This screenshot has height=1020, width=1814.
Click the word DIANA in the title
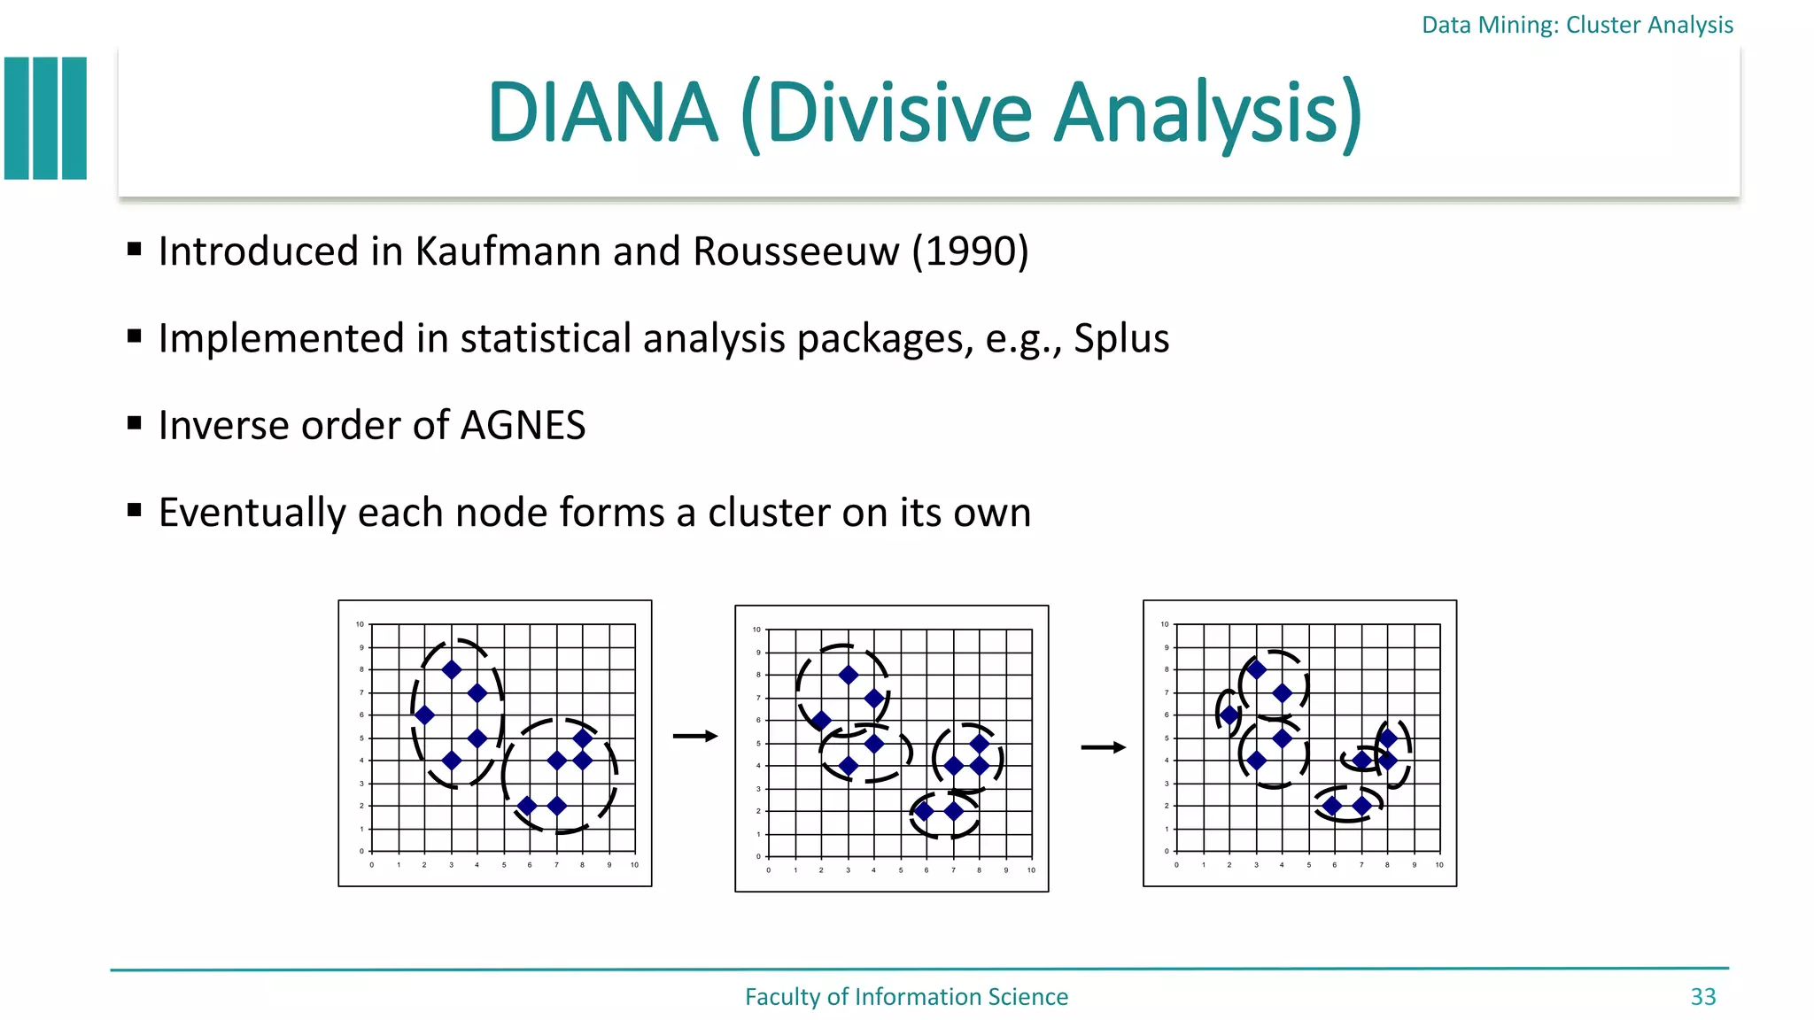[602, 112]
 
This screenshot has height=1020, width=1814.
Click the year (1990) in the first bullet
[971, 251]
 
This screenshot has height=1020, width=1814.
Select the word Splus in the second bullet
[1121, 338]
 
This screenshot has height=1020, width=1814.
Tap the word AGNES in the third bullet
[523, 425]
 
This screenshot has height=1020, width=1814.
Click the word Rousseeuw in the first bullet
[796, 251]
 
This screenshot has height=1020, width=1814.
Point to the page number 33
[1702, 997]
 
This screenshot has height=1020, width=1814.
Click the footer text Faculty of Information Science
[906, 997]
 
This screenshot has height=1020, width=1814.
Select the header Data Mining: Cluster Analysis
[1577, 25]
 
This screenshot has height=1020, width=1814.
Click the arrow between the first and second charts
[695, 737]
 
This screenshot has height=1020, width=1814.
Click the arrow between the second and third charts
[1104, 748]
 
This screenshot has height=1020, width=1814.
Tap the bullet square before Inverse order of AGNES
[135, 423]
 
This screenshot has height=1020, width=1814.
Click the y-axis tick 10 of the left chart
[360, 624]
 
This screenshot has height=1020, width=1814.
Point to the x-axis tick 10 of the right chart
[1439, 865]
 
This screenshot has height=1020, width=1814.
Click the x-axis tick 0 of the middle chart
[768, 870]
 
